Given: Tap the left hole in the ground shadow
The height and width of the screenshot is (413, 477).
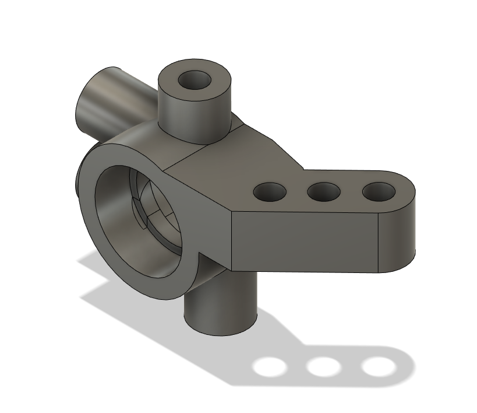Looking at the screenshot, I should coord(270,367).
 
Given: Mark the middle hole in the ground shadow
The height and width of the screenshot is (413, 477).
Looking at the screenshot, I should coord(323,367).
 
